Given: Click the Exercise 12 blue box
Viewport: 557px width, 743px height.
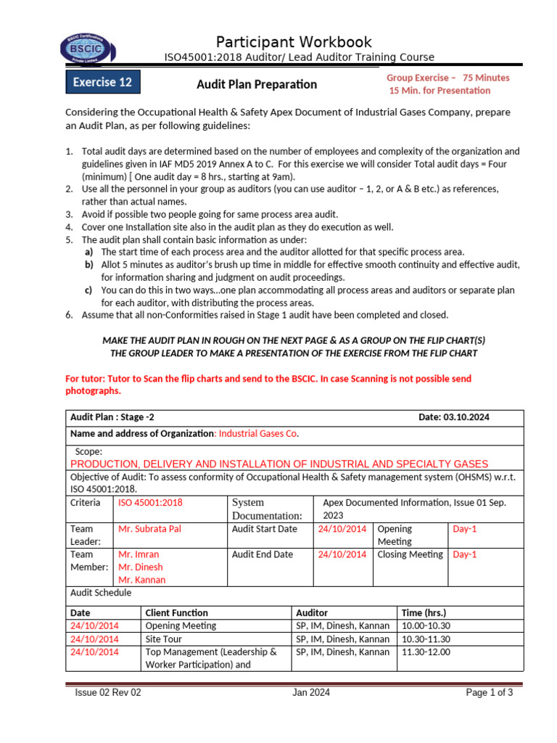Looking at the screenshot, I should pos(103,82).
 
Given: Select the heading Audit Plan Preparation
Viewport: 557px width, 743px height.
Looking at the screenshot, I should pos(257,84).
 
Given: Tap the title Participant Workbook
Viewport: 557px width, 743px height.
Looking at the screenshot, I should pos(294,41).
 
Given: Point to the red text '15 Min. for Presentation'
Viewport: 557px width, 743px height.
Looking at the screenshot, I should pos(440,91).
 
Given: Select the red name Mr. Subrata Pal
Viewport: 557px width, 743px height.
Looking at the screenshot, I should pos(149,529).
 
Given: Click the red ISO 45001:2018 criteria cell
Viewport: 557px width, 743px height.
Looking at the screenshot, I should pos(150,502).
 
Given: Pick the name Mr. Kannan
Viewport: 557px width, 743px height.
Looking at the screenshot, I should pos(141,580).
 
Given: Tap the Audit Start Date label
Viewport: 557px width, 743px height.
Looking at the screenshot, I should pos(264,529).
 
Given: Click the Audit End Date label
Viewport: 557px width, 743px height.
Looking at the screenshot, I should pos(263,554).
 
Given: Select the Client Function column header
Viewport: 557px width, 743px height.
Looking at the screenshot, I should pos(176,613).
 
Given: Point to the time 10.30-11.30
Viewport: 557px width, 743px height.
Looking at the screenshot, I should pos(425,639).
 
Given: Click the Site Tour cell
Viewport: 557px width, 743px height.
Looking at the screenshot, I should pos(164,639).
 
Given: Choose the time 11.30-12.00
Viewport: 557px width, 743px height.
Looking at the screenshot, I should pos(425,652).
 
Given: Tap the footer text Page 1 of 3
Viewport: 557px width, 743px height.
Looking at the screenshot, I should pos(490,693).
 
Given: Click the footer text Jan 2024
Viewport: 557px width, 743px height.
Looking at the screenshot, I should pos(311,693).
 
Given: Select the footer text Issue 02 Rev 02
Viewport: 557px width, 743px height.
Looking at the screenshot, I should pos(108,693).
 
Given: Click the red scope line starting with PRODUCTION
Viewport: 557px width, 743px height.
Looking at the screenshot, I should pos(279,464).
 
